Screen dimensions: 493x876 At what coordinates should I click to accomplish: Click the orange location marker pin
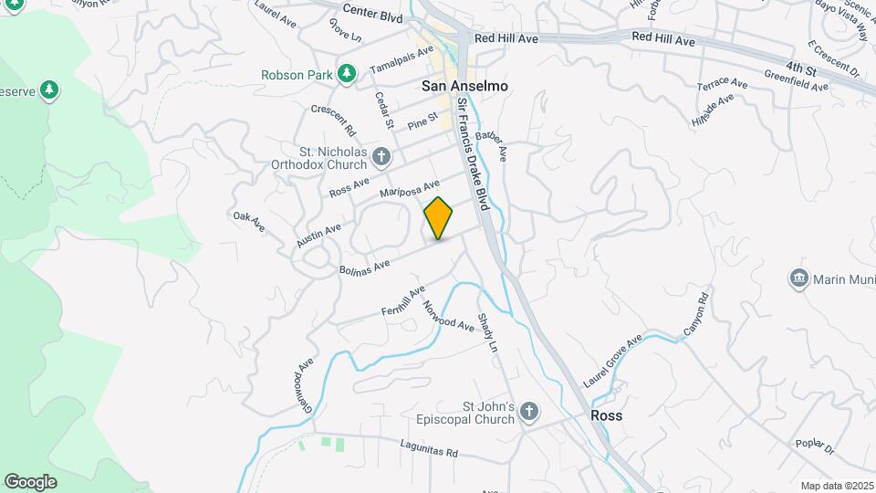tap(438, 217)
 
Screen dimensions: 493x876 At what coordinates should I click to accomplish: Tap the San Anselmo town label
tap(464, 85)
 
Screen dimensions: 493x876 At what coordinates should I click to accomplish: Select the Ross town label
tap(606, 415)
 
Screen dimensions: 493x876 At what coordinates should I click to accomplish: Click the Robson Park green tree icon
tap(346, 74)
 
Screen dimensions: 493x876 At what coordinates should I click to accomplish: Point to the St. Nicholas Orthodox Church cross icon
tap(382, 158)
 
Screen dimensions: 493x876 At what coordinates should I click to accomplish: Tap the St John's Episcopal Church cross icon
tap(528, 413)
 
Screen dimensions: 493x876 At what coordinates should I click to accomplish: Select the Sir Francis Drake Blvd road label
tap(474, 154)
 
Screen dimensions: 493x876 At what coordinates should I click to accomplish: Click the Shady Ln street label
tap(489, 335)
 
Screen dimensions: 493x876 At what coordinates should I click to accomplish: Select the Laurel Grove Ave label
tap(612, 361)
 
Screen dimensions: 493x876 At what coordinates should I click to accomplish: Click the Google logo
tap(30, 481)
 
